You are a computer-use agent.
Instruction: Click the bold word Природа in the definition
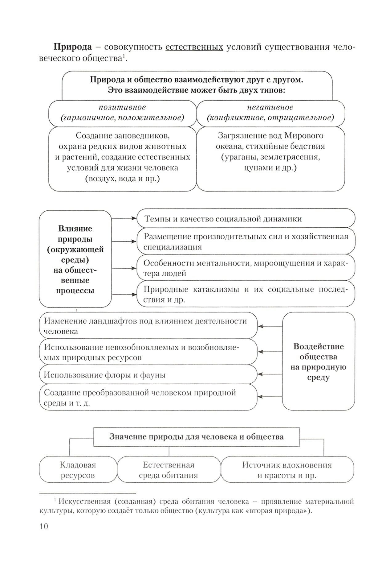(x=73, y=47)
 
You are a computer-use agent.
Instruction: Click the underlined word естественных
(x=194, y=47)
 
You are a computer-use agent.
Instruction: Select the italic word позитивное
(x=122, y=107)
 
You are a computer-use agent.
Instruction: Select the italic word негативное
(x=270, y=107)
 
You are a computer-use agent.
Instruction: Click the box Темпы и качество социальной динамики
(x=246, y=219)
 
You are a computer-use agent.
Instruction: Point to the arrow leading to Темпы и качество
(x=124, y=218)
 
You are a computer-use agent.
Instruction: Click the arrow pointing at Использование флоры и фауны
(x=270, y=374)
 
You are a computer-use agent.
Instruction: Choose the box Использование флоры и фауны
(x=148, y=375)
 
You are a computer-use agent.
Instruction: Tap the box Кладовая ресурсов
(x=78, y=470)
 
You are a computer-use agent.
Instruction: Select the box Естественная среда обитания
(x=169, y=470)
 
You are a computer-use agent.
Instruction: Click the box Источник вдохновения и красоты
(x=287, y=470)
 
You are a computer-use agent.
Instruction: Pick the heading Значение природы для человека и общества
(x=196, y=437)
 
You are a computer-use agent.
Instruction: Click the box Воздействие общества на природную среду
(x=318, y=361)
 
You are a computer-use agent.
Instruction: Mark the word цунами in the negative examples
(x=257, y=168)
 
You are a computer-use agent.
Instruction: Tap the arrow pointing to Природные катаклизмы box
(x=124, y=295)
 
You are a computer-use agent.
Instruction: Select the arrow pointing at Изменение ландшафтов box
(x=270, y=326)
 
